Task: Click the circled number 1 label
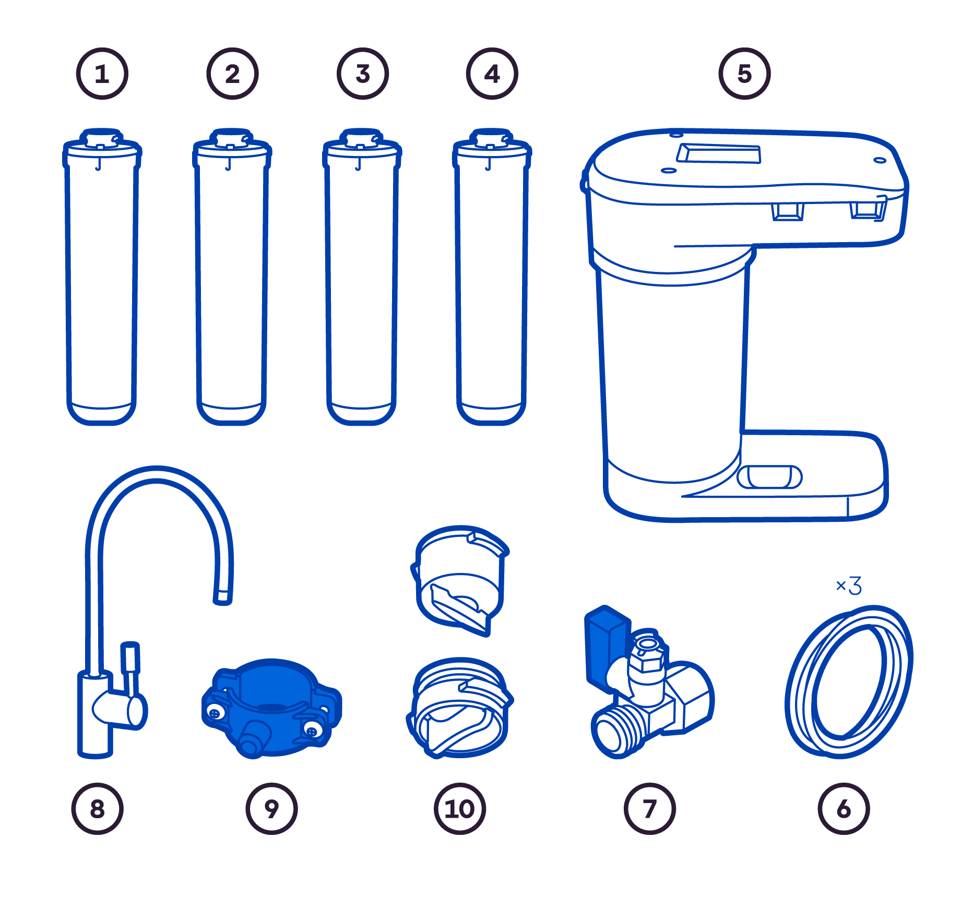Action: [x=102, y=74]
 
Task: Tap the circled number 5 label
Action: [x=744, y=74]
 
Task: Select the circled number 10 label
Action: [x=460, y=809]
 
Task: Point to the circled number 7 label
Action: [x=650, y=809]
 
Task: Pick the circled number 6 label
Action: [x=844, y=809]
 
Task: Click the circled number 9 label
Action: [x=271, y=809]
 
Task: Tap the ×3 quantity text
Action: [x=849, y=585]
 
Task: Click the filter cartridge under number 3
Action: [x=362, y=277]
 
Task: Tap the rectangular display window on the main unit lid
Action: [x=719, y=153]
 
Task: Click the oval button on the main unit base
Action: [x=769, y=477]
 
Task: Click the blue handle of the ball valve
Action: [x=607, y=647]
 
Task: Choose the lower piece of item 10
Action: [x=460, y=708]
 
